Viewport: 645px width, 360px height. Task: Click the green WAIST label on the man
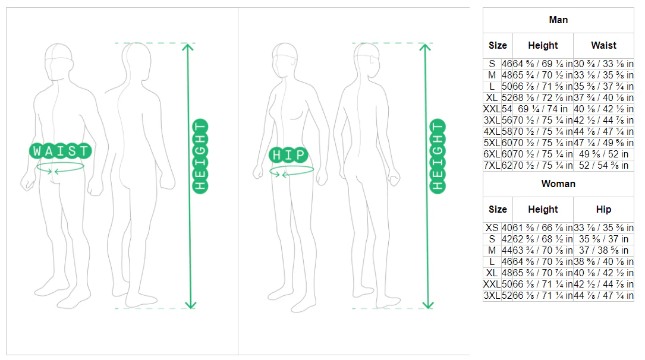tap(61, 151)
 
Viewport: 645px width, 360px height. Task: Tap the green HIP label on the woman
tap(288, 155)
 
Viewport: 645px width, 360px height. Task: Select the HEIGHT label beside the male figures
tap(200, 156)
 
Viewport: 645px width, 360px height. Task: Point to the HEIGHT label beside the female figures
tap(438, 156)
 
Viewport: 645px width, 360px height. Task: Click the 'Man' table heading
tap(558, 20)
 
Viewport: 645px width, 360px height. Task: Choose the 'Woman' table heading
tap(558, 184)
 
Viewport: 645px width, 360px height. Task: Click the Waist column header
tap(603, 45)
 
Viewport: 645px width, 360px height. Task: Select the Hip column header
tap(603, 209)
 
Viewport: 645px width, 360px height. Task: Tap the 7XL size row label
tap(492, 165)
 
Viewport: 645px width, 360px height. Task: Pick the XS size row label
tap(492, 228)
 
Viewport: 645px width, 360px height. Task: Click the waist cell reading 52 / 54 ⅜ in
tap(603, 165)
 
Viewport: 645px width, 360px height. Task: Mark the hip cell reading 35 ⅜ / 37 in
tap(603, 239)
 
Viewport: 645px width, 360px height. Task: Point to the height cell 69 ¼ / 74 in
tap(543, 109)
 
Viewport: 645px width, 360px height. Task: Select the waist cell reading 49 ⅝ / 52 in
tap(603, 154)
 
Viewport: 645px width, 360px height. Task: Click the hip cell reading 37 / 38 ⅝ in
tap(603, 250)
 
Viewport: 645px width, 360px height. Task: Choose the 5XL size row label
tap(492, 143)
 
